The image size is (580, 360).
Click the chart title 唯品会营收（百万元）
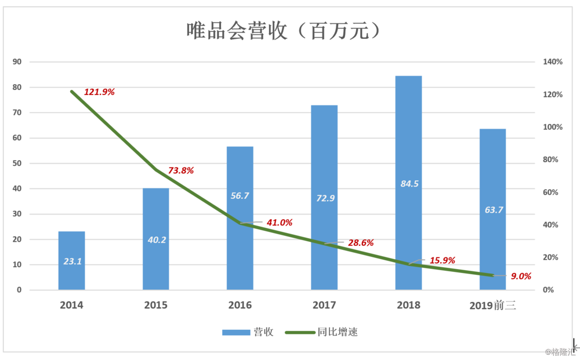tap(284, 30)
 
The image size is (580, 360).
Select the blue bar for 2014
tap(72, 261)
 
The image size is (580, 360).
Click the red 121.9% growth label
tap(100, 92)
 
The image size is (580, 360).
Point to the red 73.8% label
tap(181, 170)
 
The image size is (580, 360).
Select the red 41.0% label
tap(279, 223)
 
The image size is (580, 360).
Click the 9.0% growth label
tap(521, 276)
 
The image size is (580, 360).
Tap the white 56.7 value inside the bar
tap(240, 196)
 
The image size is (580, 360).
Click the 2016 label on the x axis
tap(240, 305)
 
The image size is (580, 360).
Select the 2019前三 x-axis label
tap(492, 306)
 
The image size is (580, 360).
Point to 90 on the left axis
tap(17, 62)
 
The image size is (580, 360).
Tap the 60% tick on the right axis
tap(550, 192)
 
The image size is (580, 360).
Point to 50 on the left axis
tap(17, 163)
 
